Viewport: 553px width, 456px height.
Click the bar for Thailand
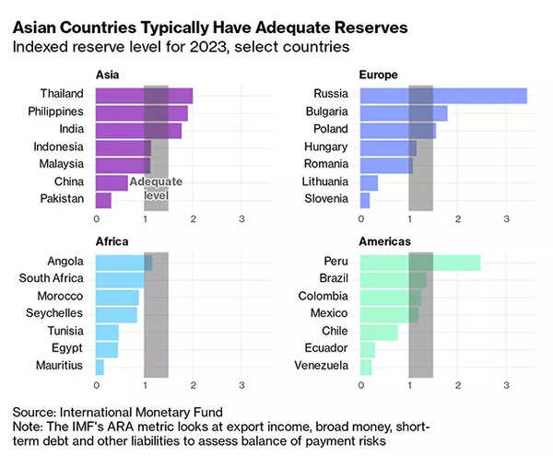pos(144,94)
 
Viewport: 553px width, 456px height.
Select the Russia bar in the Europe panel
pos(443,94)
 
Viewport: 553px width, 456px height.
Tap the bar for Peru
pos(420,262)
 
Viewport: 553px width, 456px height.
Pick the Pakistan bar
pos(103,199)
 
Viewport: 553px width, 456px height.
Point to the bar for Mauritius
pos(100,366)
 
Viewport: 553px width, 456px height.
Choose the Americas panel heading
pos(385,241)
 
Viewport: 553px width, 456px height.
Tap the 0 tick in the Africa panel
pos(96,386)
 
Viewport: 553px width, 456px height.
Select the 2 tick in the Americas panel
pos(457,386)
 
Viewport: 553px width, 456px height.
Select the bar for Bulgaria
pos(404,111)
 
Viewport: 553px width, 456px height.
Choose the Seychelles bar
pos(116,314)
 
